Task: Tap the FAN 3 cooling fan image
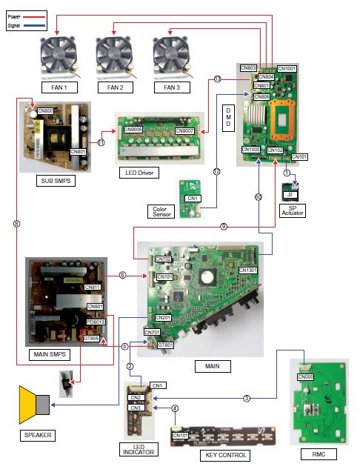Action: [x=170, y=55]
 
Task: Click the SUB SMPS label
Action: [x=54, y=180]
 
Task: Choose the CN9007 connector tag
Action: [x=184, y=131]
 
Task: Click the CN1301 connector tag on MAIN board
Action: [x=249, y=270]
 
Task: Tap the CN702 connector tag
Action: [x=162, y=259]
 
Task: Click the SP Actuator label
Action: [x=293, y=208]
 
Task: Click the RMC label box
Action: [x=320, y=452]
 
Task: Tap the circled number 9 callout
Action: [x=223, y=227]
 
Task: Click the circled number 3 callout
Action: [x=246, y=398]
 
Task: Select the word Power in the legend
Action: [x=13, y=13]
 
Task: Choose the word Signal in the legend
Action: [x=13, y=24]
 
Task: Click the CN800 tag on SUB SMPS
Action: [x=45, y=111]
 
